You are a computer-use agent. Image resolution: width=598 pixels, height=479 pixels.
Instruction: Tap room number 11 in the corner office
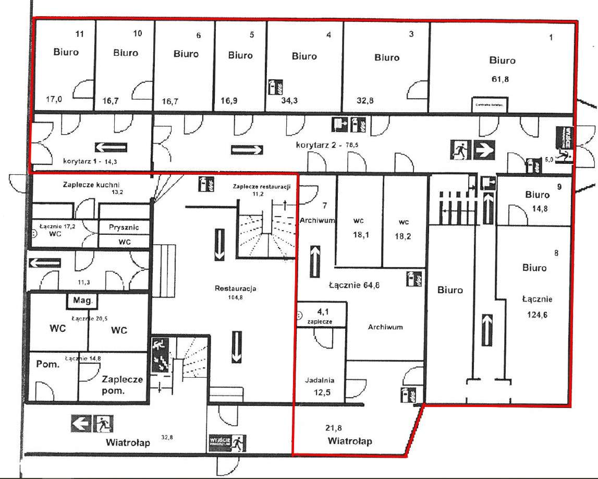point(80,34)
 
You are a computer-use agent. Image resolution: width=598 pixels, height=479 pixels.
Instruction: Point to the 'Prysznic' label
point(124,227)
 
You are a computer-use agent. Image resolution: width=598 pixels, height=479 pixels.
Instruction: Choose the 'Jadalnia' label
point(320,380)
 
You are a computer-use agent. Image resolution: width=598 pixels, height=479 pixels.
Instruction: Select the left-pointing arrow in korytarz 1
point(111,147)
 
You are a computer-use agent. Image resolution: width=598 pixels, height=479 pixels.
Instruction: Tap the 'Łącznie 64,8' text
point(353,285)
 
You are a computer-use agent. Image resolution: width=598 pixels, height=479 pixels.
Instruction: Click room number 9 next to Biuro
point(559,186)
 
